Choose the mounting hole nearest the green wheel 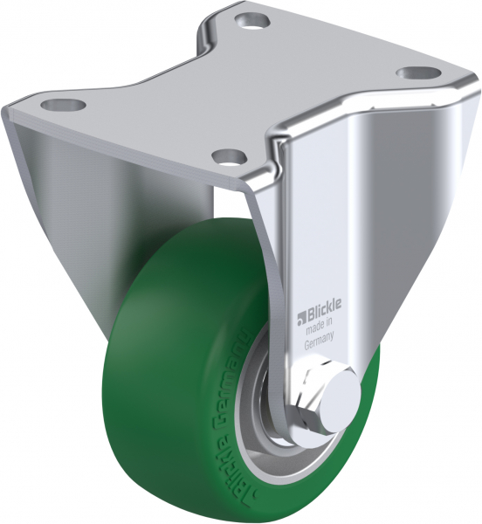227,158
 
